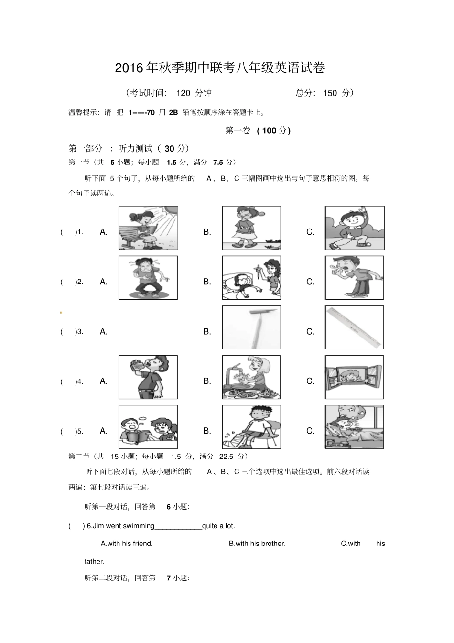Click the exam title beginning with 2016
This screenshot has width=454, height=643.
[x=220, y=68]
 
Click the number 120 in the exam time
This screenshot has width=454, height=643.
[x=183, y=93]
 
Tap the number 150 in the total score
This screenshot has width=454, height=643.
[x=330, y=93]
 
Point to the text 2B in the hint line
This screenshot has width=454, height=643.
[x=173, y=112]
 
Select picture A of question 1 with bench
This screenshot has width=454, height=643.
[x=148, y=228]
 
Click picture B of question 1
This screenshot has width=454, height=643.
[x=251, y=228]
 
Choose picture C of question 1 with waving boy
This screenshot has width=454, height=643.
[x=355, y=228]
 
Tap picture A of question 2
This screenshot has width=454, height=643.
[x=148, y=278]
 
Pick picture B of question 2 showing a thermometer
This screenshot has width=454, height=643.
[x=251, y=278]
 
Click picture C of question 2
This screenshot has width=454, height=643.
[x=355, y=278]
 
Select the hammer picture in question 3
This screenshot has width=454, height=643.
[x=251, y=327]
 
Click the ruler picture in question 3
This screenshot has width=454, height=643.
[x=355, y=327]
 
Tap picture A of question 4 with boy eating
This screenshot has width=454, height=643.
[x=148, y=377]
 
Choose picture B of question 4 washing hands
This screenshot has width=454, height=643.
[x=251, y=377]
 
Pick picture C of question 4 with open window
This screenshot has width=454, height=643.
[x=355, y=377]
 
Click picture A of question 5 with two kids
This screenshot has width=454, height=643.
[x=148, y=427]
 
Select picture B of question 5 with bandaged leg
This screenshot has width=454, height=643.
[x=251, y=427]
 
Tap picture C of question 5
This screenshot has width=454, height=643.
[x=355, y=427]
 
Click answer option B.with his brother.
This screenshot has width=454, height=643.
[x=257, y=543]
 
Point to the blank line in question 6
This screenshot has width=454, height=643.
[x=178, y=527]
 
